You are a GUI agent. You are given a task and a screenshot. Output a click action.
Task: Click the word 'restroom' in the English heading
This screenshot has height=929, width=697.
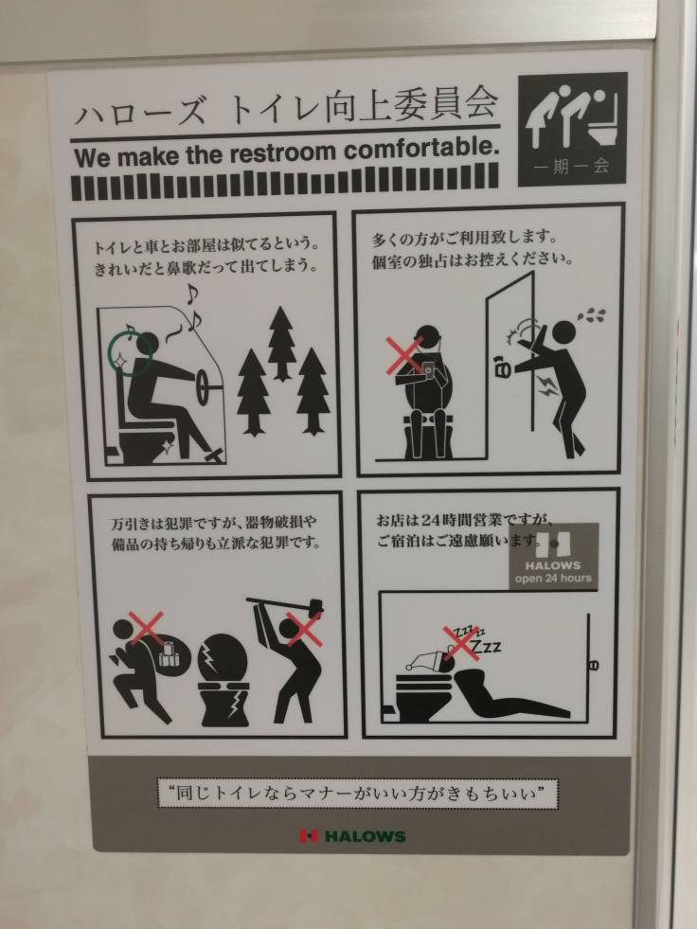[282, 153]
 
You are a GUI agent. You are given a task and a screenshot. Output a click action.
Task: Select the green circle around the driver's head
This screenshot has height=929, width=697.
[130, 354]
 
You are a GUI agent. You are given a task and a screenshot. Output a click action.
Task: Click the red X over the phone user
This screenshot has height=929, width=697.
[404, 355]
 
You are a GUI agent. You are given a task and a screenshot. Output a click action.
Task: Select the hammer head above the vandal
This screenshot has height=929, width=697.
[314, 607]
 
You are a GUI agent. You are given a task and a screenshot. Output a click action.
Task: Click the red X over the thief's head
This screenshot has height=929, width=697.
[146, 629]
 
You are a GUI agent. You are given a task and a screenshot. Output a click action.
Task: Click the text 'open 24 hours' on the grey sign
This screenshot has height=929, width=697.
[553, 579]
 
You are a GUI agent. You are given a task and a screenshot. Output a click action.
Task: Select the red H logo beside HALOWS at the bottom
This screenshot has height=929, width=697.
[308, 836]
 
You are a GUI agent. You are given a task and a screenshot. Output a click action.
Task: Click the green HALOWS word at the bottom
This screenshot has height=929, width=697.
[366, 836]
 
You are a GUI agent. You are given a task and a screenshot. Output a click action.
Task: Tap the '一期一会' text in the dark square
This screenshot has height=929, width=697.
[571, 166]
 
